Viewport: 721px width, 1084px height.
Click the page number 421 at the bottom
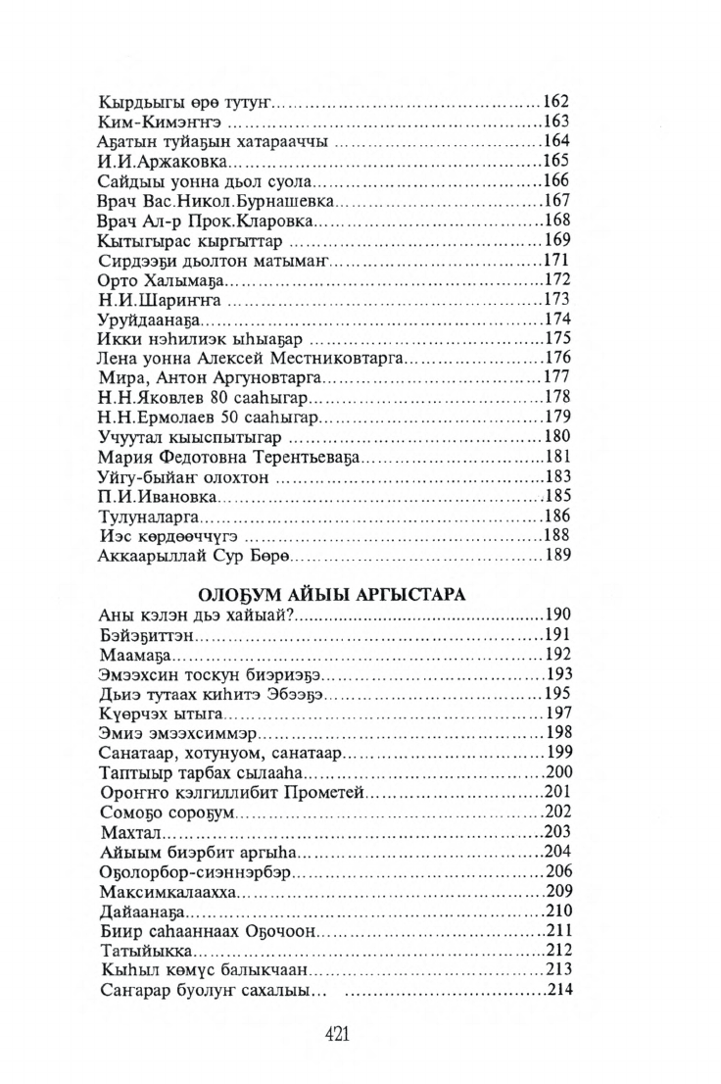coord(337,1034)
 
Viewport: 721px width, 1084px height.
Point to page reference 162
coord(556,101)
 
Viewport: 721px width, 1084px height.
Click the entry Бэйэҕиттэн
coord(147,636)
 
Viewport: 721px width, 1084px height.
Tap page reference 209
coord(556,892)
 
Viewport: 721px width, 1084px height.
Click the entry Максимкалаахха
coord(169,893)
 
